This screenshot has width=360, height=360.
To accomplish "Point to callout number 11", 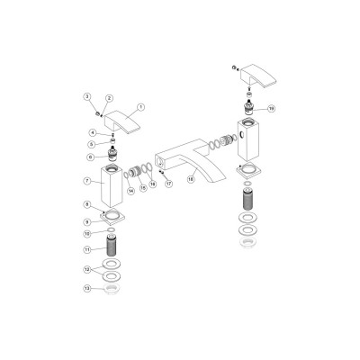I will [88, 248].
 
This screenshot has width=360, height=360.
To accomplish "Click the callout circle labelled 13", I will [88, 289].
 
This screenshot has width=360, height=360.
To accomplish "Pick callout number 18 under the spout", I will [190, 179].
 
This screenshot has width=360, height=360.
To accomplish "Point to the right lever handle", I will [255, 74].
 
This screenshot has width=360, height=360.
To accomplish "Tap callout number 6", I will [88, 157].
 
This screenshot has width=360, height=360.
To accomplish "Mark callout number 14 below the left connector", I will [130, 190].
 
